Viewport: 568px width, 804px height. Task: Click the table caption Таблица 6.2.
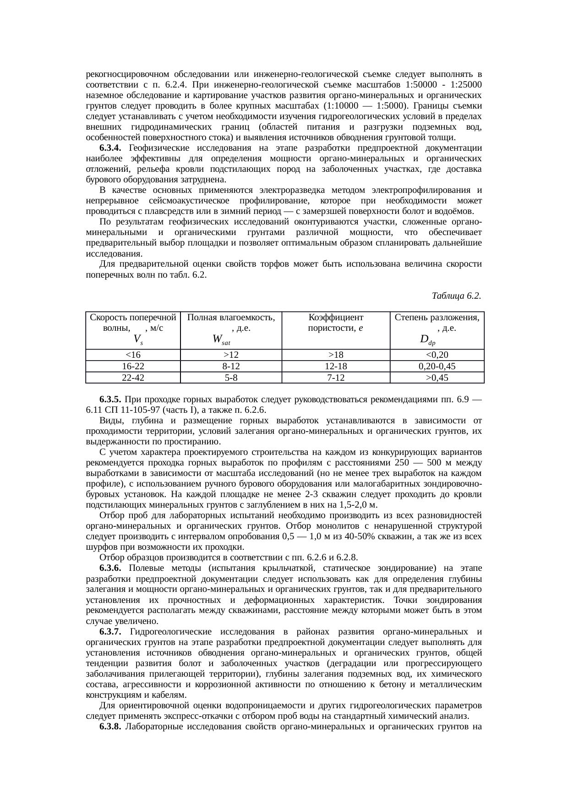click(456, 295)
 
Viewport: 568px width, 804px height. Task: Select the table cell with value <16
click(133, 355)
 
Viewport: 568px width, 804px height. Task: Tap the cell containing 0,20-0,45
click(437, 366)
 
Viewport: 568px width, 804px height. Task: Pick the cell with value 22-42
click(133, 377)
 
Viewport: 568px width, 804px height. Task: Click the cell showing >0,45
click(437, 377)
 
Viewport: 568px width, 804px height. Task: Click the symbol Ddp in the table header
click(427, 339)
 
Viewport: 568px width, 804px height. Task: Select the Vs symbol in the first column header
click(137, 339)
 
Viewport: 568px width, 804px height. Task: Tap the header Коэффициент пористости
click(336, 323)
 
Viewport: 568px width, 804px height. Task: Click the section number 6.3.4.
click(110, 148)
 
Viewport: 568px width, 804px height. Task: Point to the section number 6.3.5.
click(110, 399)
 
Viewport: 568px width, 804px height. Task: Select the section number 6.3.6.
click(110, 568)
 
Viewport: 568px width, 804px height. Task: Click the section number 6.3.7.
click(110, 632)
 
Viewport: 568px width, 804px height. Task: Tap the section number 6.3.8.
click(110, 727)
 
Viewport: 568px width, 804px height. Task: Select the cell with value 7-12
click(336, 377)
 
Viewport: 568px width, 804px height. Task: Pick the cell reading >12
click(231, 355)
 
